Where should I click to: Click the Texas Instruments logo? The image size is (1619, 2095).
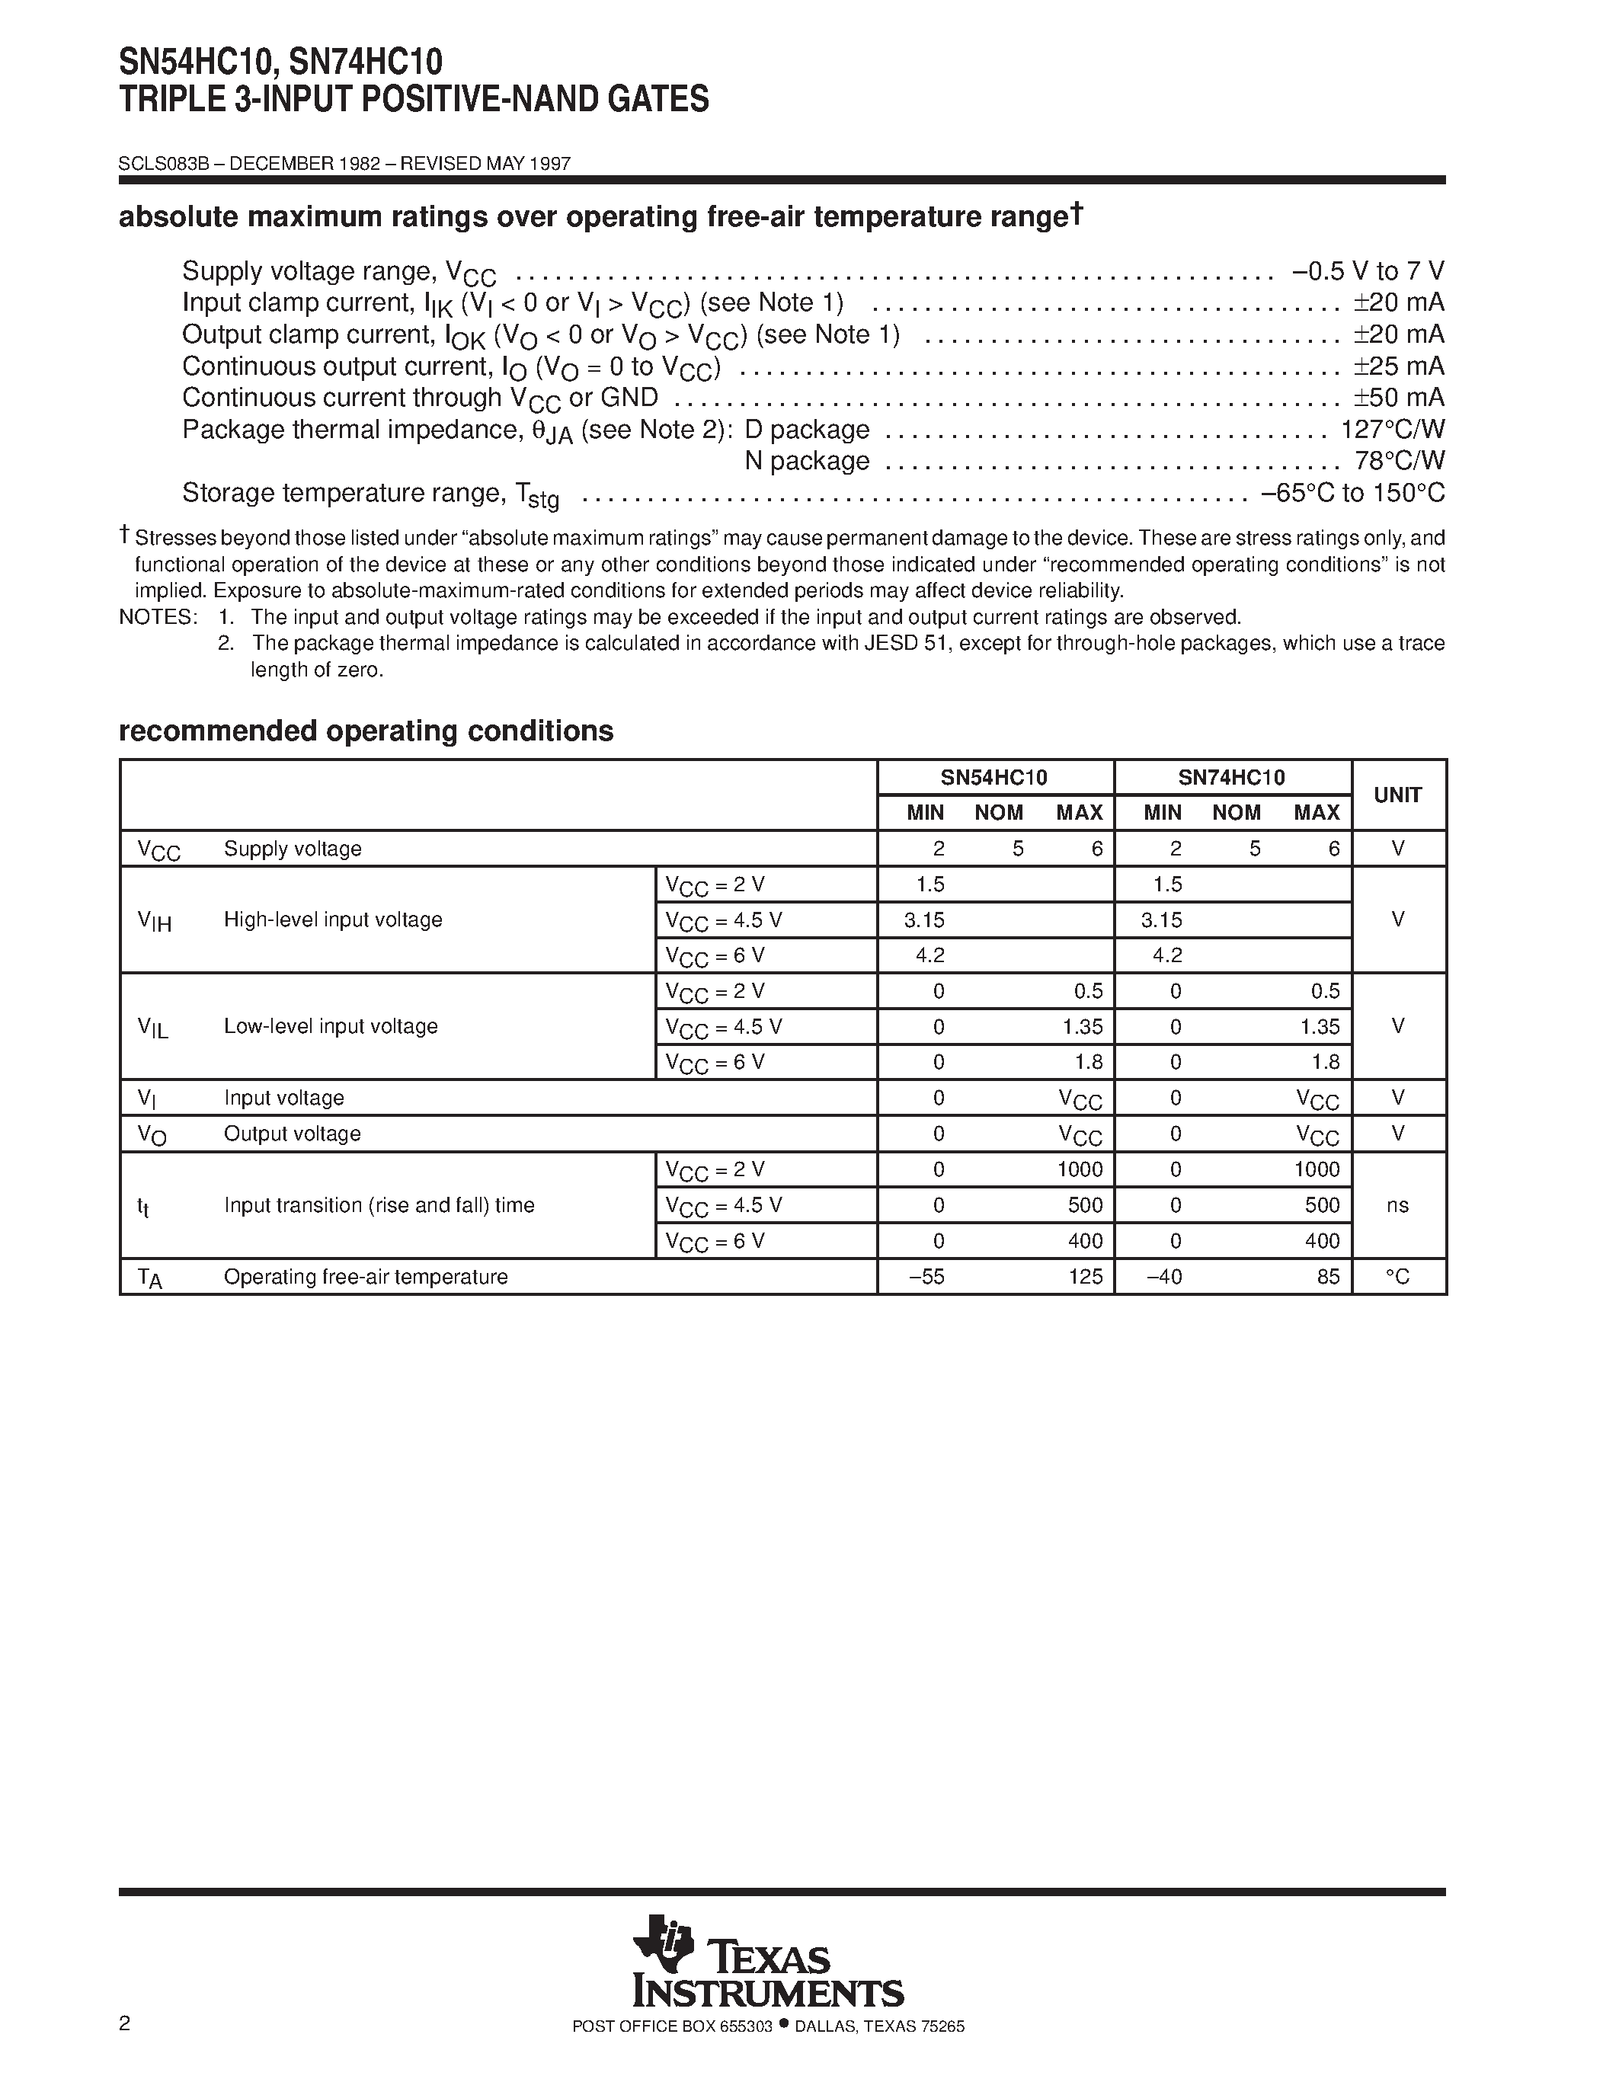[x=767, y=1975]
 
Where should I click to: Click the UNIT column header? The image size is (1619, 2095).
[x=1397, y=795]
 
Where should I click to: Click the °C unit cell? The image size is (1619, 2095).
[x=1397, y=1277]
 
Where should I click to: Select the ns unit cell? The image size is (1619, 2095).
[x=1397, y=1205]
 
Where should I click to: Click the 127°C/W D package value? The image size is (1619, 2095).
[x=1392, y=429]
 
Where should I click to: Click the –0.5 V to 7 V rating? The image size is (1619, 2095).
[x=1368, y=271]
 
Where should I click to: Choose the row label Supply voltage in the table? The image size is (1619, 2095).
[x=293, y=849]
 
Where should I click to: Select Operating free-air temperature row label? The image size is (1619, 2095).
[x=366, y=1277]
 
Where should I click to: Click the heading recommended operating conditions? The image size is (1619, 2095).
[x=366, y=731]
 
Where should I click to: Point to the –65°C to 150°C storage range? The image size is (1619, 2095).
[x=1352, y=493]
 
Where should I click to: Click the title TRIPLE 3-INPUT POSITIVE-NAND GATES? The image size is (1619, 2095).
[x=414, y=99]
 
